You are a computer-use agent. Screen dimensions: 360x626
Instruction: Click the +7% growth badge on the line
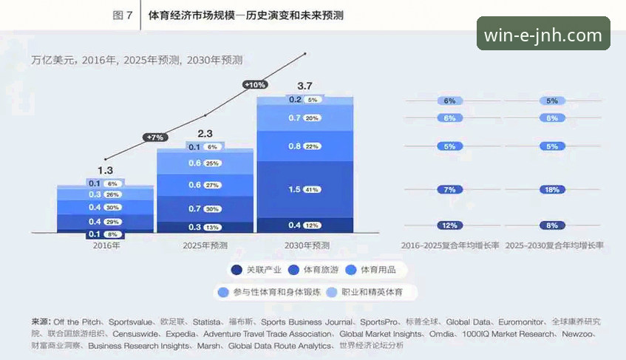155,137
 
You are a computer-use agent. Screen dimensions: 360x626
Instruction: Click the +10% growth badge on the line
255,85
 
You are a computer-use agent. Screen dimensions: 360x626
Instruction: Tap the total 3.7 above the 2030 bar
305,86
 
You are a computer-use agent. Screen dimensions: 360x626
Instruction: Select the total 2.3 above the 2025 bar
205,134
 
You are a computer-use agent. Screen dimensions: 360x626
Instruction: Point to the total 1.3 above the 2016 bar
105,171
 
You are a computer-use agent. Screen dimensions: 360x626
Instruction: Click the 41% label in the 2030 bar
312,190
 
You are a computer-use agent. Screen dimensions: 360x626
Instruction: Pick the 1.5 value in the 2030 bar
294,190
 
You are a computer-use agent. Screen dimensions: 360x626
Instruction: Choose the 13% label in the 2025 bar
212,227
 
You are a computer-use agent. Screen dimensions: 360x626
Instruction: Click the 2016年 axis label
105,245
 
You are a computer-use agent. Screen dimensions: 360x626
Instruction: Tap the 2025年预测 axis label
205,245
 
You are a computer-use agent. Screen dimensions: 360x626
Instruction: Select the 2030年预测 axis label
305,245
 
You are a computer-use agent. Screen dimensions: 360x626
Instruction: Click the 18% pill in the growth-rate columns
552,190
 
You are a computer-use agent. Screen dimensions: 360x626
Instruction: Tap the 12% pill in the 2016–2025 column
449,225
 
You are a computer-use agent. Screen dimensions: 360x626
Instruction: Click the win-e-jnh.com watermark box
543,35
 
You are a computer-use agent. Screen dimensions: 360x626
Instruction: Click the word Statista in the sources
207,322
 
